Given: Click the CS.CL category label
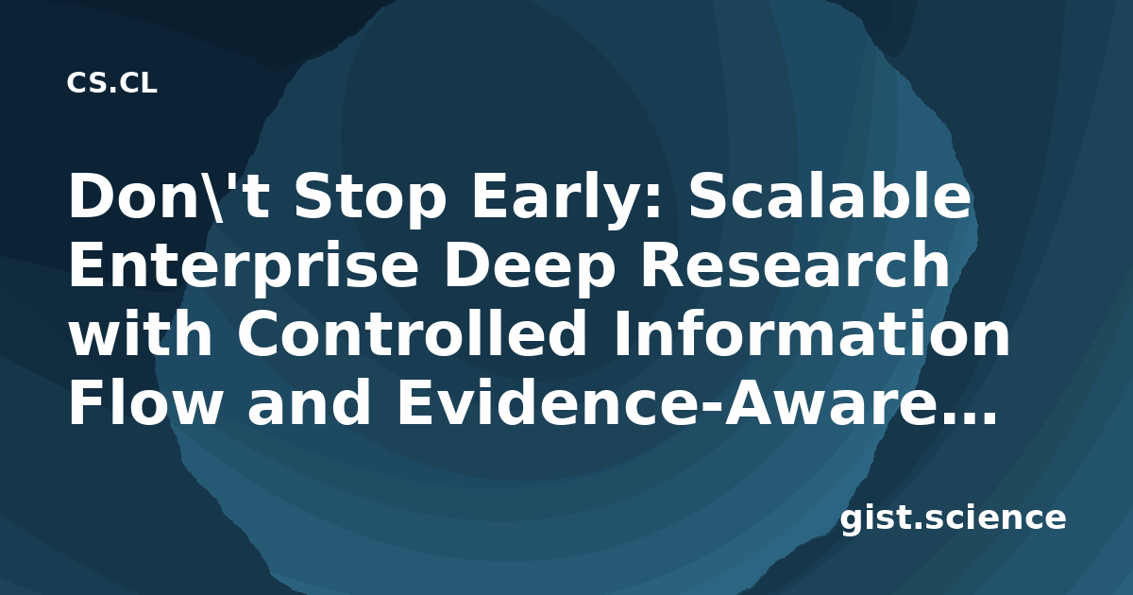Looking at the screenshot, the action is (111, 83).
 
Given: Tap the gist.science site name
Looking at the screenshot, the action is (954, 519).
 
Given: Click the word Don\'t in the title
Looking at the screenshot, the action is (168, 196).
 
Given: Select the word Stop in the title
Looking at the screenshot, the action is (370, 200).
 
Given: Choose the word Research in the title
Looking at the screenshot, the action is (795, 264).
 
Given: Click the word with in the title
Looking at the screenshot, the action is (140, 332).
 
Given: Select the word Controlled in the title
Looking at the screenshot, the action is (412, 332).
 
